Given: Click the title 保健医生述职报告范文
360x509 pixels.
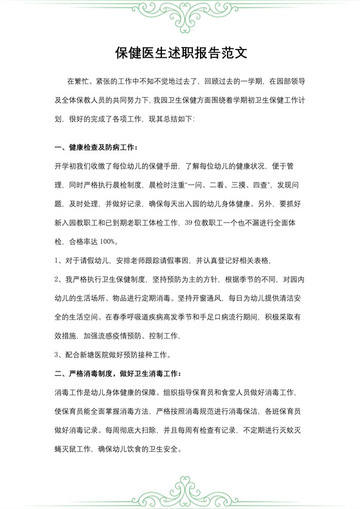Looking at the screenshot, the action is click(180, 52).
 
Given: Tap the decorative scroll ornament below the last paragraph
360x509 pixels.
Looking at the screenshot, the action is click(180, 488).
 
